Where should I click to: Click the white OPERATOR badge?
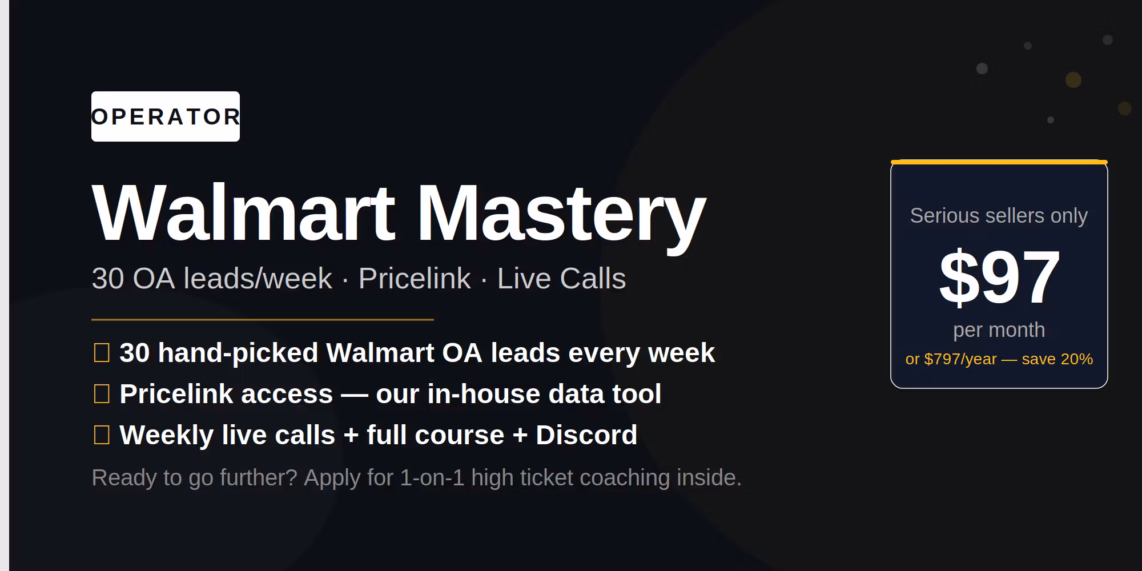pos(166,116)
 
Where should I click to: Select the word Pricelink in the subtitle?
pos(415,279)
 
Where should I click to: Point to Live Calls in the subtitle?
pos(561,279)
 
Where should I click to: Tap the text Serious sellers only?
pos(999,216)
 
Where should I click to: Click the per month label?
pos(999,330)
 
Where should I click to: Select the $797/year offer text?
pos(960,359)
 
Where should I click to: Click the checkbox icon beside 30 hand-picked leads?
pos(102,353)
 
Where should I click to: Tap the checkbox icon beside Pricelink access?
pos(102,394)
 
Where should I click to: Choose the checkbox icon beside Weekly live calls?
pos(102,435)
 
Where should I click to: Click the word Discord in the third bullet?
pos(586,435)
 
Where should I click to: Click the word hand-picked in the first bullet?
pos(238,353)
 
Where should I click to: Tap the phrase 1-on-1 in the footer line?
pos(432,478)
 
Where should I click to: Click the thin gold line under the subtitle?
pos(263,320)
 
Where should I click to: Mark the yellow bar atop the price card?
pos(999,162)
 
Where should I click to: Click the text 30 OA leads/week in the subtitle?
pos(212,279)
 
